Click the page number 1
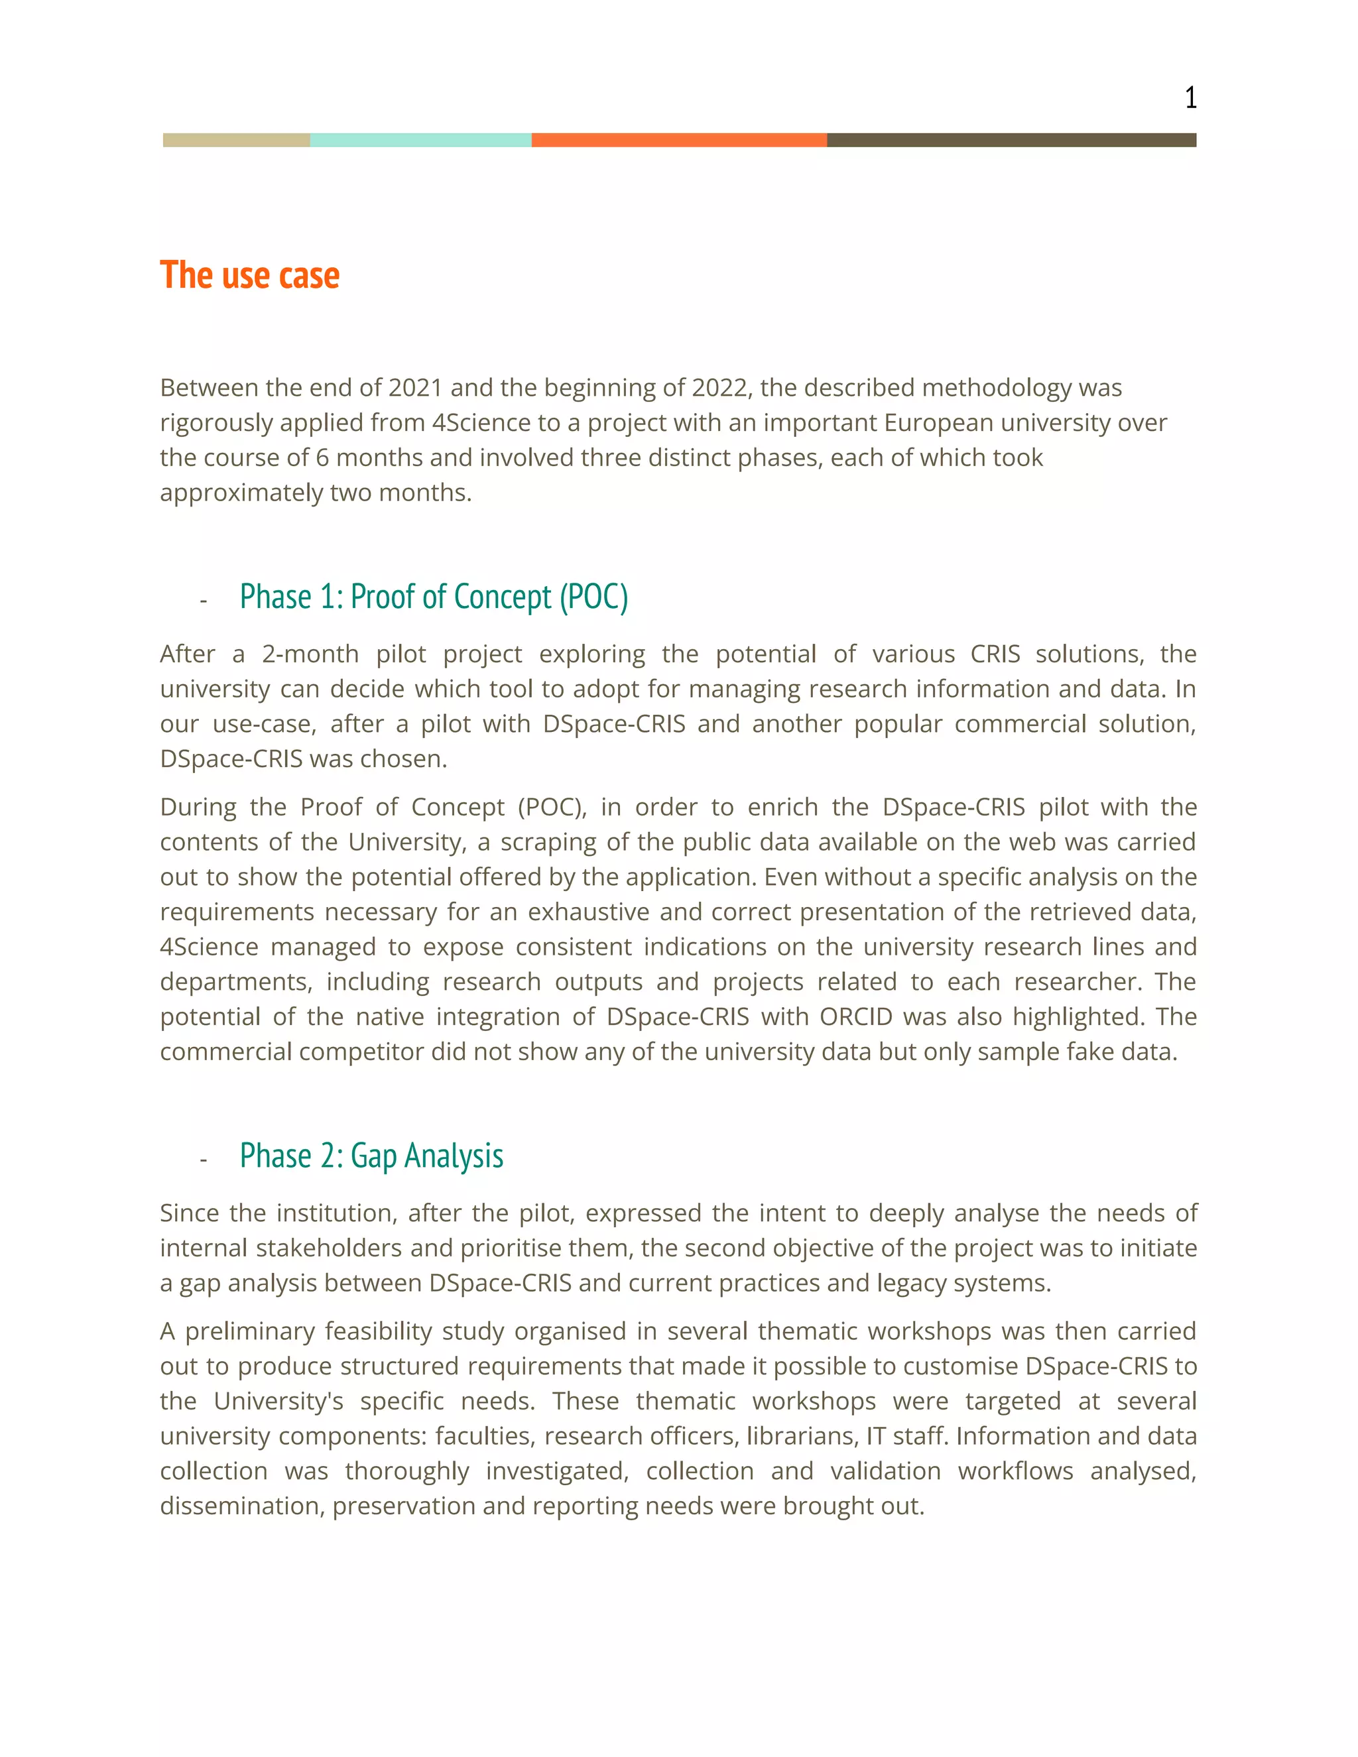pos(1190,98)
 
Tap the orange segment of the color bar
pos(679,140)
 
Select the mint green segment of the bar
pos(420,140)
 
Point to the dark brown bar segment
pos(1011,140)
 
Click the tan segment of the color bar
pos(235,140)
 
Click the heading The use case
pos(249,275)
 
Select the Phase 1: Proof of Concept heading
pos(434,597)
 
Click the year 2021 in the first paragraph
pos(415,388)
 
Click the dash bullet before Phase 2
pos(204,1159)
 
